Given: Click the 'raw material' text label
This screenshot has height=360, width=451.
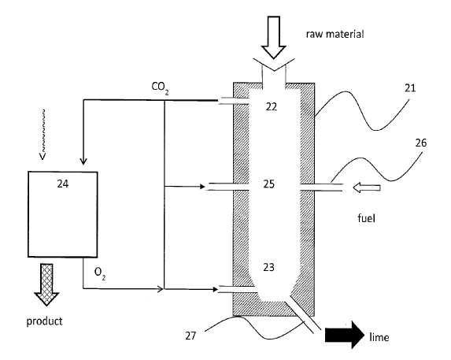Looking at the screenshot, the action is [335, 34].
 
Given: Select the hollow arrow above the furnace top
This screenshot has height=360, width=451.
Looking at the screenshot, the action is [274, 37].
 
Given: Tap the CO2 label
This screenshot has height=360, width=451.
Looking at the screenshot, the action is [160, 88].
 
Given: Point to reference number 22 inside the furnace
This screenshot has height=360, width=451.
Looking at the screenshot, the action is [272, 107].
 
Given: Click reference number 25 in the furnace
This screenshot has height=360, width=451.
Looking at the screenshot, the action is [269, 184].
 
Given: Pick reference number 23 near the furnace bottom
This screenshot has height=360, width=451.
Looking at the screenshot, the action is [268, 267].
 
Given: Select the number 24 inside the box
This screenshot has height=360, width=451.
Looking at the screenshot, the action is [63, 184].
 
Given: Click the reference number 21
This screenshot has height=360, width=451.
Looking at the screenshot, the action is [410, 88].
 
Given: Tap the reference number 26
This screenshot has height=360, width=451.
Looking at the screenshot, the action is [421, 143].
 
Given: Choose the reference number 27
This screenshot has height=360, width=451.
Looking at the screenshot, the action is [190, 336].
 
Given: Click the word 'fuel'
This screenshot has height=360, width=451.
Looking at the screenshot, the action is [367, 218].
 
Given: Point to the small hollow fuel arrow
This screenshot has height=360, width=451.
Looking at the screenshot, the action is [367, 188].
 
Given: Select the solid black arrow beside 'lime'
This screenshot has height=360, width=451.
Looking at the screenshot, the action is [345, 335].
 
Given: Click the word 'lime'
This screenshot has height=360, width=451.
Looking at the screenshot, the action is [379, 337].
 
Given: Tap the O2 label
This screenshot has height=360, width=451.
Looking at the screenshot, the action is [100, 273].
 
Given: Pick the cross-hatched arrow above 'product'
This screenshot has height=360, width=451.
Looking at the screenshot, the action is [46, 284].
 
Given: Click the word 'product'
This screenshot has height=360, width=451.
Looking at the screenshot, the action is [44, 321].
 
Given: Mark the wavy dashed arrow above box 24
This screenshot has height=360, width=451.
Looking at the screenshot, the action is [43, 134].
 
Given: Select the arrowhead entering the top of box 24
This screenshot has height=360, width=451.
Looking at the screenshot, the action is [83, 161].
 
